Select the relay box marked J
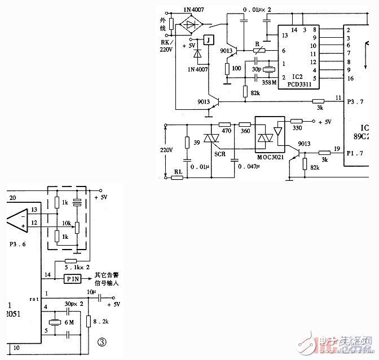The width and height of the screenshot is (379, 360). click(x=209, y=40)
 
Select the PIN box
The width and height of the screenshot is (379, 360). click(x=73, y=279)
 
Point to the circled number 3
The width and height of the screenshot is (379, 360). click(x=102, y=341)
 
